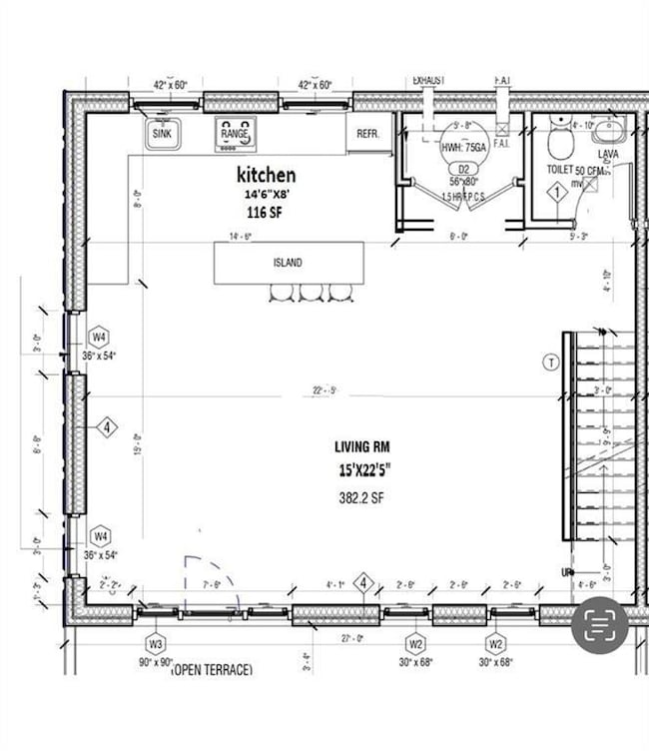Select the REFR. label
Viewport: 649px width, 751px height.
point(367,132)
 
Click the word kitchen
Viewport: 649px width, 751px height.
point(266,175)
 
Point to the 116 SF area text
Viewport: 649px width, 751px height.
point(265,212)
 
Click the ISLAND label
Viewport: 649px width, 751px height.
point(288,263)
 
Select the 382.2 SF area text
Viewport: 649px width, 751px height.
point(362,496)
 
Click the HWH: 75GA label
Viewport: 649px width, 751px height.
point(463,148)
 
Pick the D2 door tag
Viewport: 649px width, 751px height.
point(463,169)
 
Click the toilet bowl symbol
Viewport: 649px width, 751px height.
point(560,146)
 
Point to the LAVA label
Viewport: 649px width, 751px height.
point(608,155)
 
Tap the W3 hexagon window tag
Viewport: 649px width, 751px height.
point(156,642)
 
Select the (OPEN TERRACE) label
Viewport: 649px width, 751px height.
point(212,669)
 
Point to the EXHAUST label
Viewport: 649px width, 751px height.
point(429,80)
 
